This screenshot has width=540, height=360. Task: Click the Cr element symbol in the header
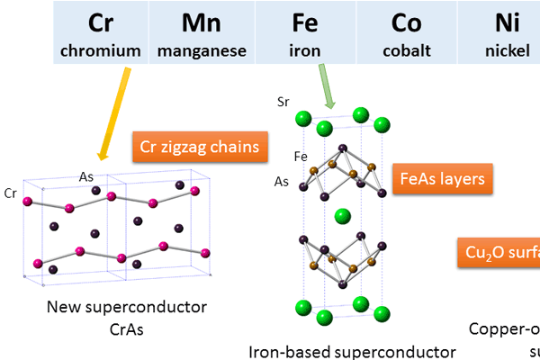pyautogui.click(x=100, y=22)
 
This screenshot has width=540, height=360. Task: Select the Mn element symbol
pyautogui.click(x=202, y=22)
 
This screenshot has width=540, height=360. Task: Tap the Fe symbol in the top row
pyautogui.click(x=305, y=22)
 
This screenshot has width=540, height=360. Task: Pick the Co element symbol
pyautogui.click(x=406, y=22)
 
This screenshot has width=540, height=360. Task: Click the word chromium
pyautogui.click(x=100, y=50)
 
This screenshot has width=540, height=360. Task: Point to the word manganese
pyautogui.click(x=202, y=50)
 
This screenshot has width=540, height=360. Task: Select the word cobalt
pyautogui.click(x=406, y=50)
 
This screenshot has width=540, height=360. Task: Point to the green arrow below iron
pyautogui.click(x=325, y=90)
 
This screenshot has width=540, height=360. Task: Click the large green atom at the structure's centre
pyautogui.click(x=341, y=216)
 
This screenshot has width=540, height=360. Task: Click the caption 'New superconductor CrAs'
pyautogui.click(x=127, y=319)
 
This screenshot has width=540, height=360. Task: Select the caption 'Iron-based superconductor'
pyautogui.click(x=352, y=351)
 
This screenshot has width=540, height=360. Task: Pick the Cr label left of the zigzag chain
pyautogui.click(x=11, y=193)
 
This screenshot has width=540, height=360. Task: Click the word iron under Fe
pyautogui.click(x=305, y=50)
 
